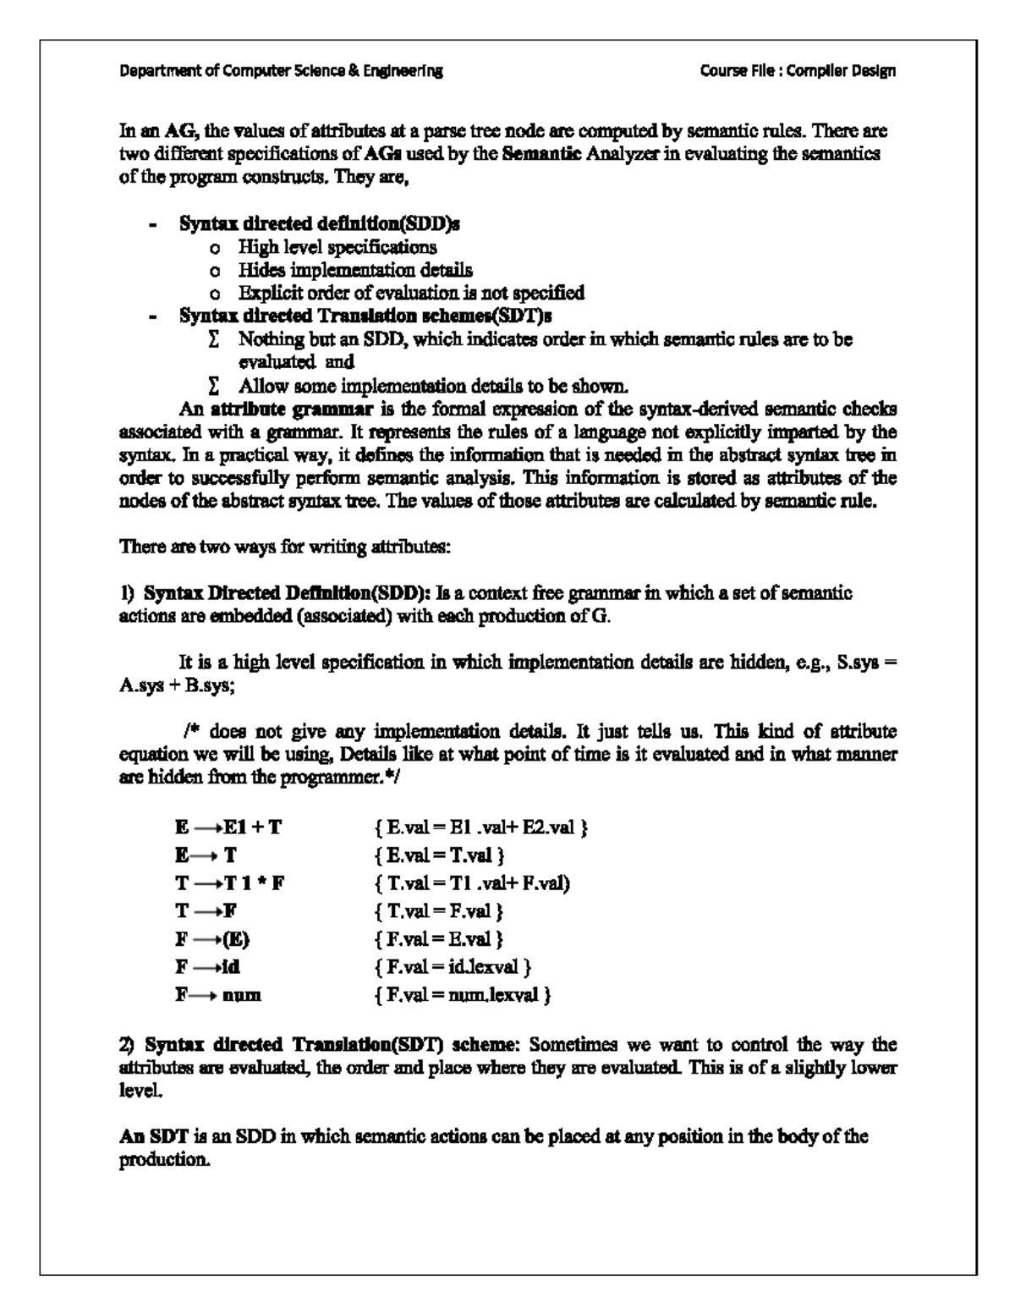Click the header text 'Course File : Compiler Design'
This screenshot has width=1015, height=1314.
(x=798, y=71)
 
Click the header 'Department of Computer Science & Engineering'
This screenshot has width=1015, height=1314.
(x=281, y=71)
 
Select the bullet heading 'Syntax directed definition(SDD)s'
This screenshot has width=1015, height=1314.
(x=320, y=224)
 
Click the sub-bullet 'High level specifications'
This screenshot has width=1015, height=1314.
(x=337, y=247)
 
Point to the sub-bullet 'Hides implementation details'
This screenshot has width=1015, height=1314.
(x=354, y=270)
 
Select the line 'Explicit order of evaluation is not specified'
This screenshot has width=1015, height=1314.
(x=410, y=293)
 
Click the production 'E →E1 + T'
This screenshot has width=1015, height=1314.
(x=228, y=827)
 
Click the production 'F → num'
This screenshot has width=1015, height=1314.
(x=218, y=995)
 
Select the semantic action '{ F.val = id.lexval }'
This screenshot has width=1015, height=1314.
(x=453, y=967)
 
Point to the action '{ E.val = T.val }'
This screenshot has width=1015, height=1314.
(x=439, y=855)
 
